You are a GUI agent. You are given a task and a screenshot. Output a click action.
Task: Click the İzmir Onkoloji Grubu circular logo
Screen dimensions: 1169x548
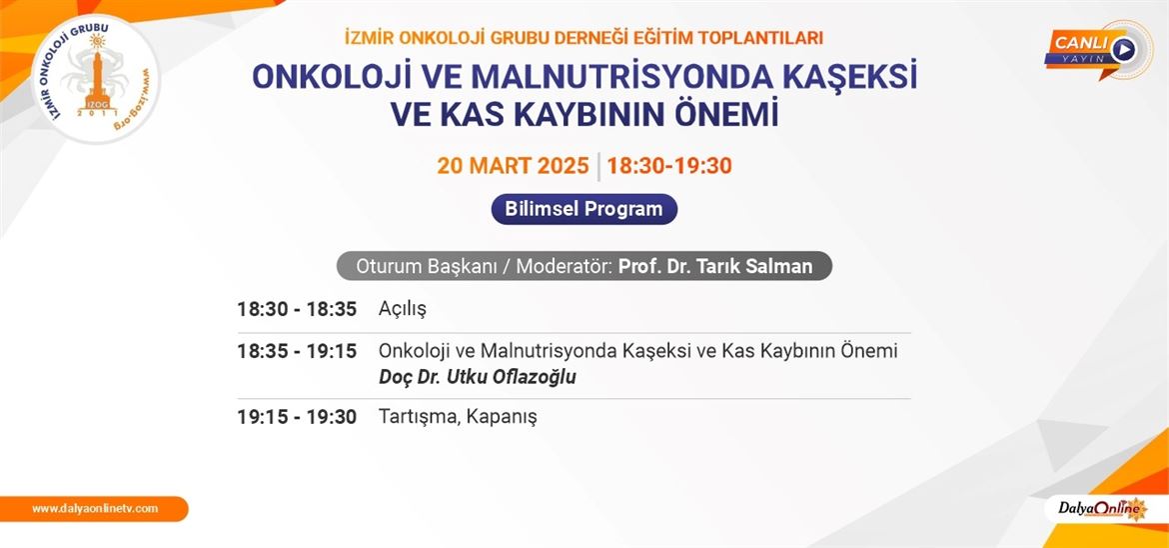coord(95,78)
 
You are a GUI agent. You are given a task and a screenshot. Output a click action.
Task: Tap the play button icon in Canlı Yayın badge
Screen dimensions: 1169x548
coord(1122,50)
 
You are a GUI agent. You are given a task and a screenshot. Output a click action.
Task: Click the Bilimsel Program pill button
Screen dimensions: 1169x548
coord(584,209)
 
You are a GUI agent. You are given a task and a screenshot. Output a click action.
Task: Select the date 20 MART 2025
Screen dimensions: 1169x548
coord(513,166)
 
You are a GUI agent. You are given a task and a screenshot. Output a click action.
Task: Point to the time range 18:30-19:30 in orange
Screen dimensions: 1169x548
coord(669,166)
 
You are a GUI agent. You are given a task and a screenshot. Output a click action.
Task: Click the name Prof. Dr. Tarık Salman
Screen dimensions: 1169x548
coord(715,267)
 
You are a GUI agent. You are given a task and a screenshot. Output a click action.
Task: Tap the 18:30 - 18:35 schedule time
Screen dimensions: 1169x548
coord(297,309)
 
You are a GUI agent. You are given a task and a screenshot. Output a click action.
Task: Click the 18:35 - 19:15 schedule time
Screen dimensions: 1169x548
coord(297,351)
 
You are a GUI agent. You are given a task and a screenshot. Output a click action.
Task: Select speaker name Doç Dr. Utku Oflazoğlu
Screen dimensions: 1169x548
coord(478,377)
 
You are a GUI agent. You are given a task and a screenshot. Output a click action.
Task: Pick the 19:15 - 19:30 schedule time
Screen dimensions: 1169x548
coord(297,417)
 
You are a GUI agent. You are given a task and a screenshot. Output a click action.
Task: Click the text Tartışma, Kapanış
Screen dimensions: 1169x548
coord(458,417)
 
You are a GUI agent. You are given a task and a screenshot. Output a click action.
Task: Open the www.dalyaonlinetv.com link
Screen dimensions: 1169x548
coord(95,508)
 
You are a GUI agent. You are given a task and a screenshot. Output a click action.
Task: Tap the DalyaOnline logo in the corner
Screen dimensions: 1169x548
coord(1102,508)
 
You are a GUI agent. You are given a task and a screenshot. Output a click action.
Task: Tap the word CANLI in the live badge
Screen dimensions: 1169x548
coord(1080,43)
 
